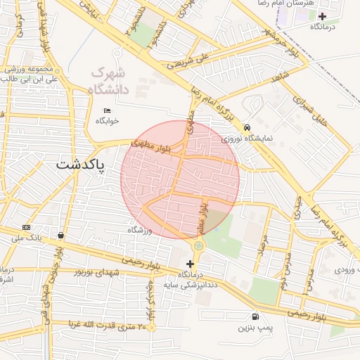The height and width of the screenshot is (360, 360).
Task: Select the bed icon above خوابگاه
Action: (107, 110)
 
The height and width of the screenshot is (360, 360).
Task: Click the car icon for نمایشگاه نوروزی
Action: (247, 127)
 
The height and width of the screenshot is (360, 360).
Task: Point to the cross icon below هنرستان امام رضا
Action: (323, 16)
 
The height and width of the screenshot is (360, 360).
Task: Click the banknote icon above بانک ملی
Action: (27, 227)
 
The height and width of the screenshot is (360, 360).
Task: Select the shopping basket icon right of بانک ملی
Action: (61, 236)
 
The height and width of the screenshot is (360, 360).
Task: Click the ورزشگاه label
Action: (139, 230)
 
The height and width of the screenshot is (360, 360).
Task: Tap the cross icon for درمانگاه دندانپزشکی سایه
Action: (190, 263)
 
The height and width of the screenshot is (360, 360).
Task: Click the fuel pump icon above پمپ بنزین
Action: (254, 316)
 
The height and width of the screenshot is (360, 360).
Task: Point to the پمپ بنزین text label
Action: (253, 328)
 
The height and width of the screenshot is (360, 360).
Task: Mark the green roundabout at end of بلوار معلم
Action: (199, 245)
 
